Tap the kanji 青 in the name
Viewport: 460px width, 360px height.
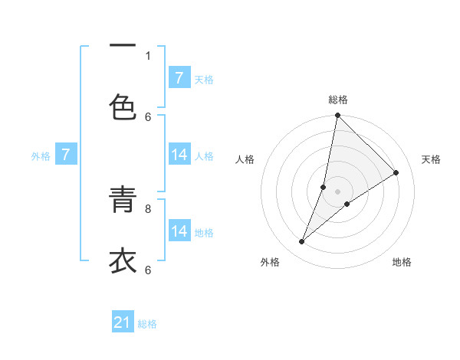tap(123, 201)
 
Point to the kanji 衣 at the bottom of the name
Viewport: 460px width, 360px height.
tap(123, 261)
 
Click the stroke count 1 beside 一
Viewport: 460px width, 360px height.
tap(148, 55)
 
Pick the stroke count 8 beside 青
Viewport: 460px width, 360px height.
tap(148, 208)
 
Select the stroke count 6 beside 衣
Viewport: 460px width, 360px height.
tap(148, 269)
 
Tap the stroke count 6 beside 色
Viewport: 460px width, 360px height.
tap(148, 116)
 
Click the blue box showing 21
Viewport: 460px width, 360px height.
tap(123, 322)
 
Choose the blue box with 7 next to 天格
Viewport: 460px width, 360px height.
tap(179, 78)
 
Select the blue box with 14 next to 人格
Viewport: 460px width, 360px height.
tap(179, 155)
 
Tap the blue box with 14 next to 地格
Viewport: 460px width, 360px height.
tap(179, 231)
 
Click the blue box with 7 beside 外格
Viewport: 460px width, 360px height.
tap(66, 155)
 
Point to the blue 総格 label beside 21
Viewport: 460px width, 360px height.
tap(147, 324)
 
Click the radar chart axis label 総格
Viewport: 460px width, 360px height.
tap(338, 100)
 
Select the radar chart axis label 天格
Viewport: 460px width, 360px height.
tap(431, 159)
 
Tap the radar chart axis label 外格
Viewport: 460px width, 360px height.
tap(270, 262)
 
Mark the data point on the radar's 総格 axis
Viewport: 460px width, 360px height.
tap(337, 116)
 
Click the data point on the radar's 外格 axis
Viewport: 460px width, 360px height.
tap(302, 242)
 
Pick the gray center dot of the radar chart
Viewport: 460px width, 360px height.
tap(337, 191)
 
